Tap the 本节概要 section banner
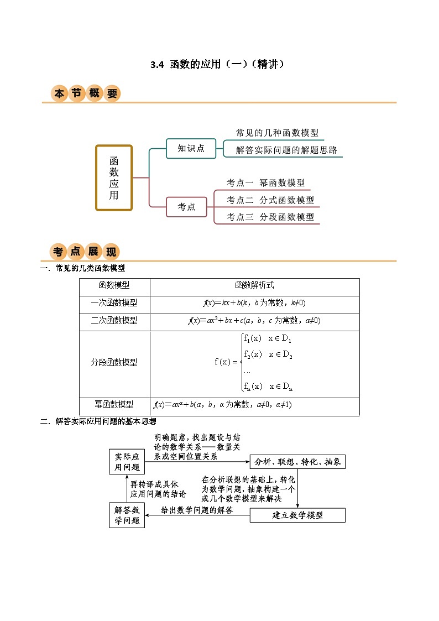pyautogui.click(x=86, y=93)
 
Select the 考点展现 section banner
pyautogui.click(x=86, y=252)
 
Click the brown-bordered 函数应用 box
pyautogui.click(x=114, y=178)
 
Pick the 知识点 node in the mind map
pyautogui.click(x=191, y=148)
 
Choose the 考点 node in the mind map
pyautogui.click(x=186, y=207)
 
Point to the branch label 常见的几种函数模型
pyautogui.click(x=277, y=133)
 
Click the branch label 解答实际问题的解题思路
pyautogui.click(x=286, y=150)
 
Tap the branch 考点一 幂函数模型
pyautogui.click(x=265, y=183)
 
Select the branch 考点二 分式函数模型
pyautogui.click(x=270, y=200)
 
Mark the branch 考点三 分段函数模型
pyautogui.click(x=270, y=217)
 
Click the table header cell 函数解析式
pyautogui.click(x=254, y=285)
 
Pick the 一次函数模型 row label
pyautogui.click(x=114, y=303)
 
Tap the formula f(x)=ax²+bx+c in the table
pyautogui.click(x=254, y=321)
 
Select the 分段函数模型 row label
pyautogui.click(x=114, y=362)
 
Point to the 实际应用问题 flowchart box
pyautogui.click(x=127, y=462)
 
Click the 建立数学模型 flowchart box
pyautogui.click(x=297, y=515)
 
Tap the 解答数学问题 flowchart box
pyautogui.click(x=127, y=515)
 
